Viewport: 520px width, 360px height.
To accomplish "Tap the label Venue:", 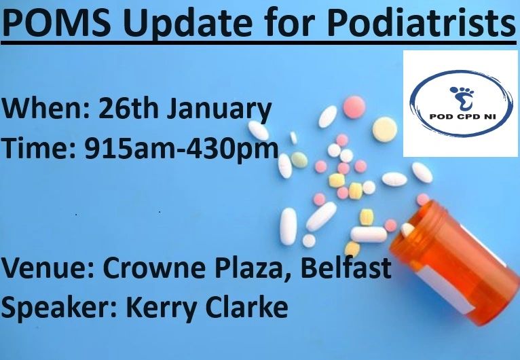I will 48,269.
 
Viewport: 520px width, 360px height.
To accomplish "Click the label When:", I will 45,109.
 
